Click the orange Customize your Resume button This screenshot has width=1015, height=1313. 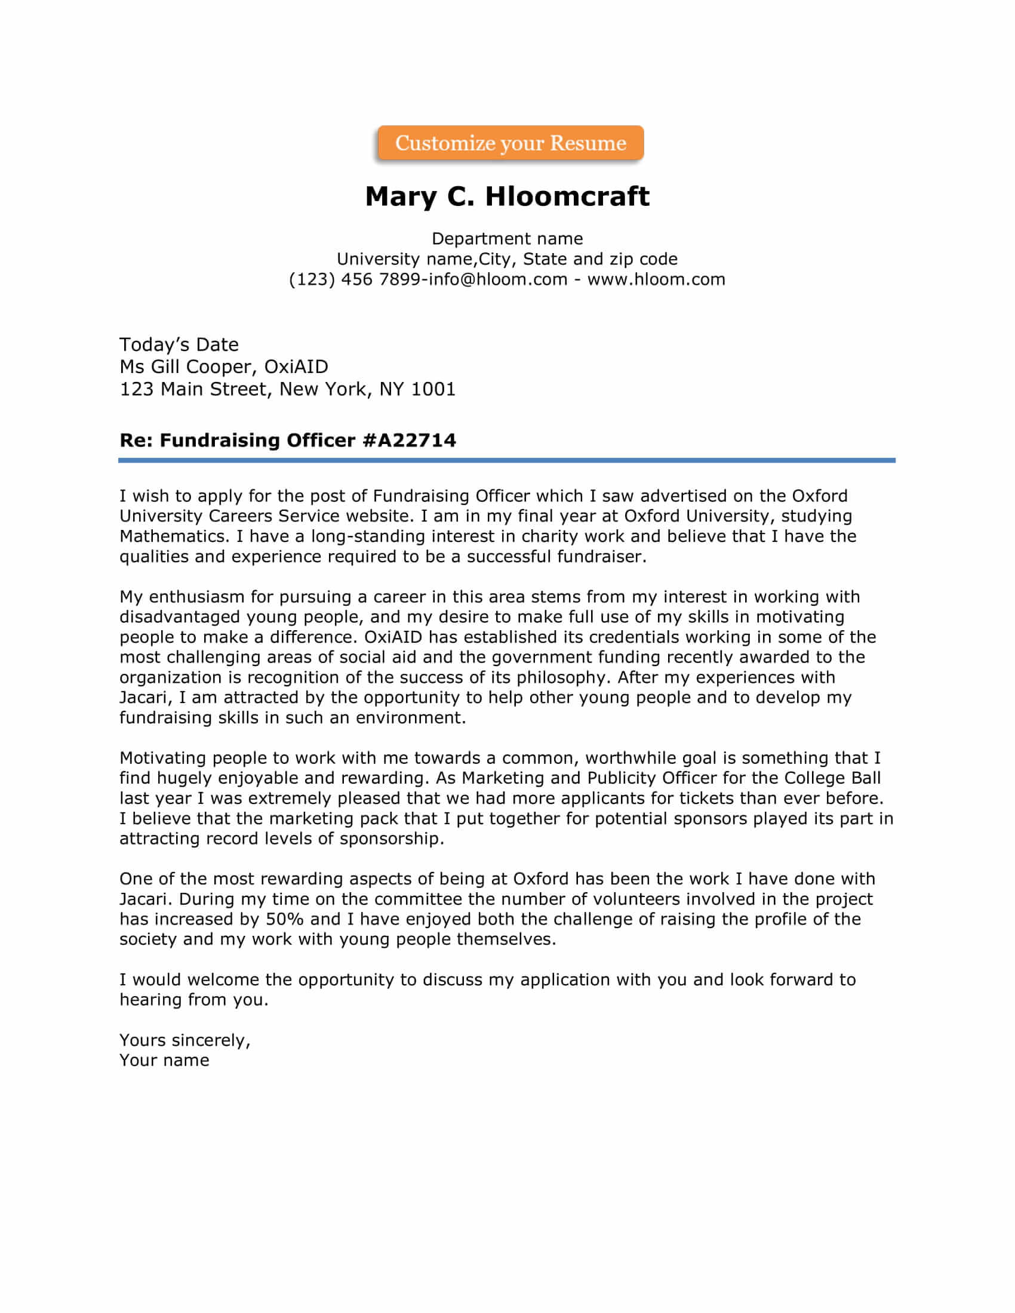click(510, 143)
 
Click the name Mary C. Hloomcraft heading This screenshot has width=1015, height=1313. click(507, 196)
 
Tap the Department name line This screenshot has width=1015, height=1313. click(507, 239)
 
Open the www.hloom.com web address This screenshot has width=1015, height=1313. click(656, 279)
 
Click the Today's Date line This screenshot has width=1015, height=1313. click(179, 344)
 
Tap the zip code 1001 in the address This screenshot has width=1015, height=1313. click(433, 390)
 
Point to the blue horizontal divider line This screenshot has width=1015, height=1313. click(507, 461)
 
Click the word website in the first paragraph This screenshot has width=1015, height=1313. click(377, 516)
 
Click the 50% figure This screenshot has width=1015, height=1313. click(284, 919)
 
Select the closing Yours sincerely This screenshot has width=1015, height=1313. click(184, 1040)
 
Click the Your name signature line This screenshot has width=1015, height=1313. click(164, 1060)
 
